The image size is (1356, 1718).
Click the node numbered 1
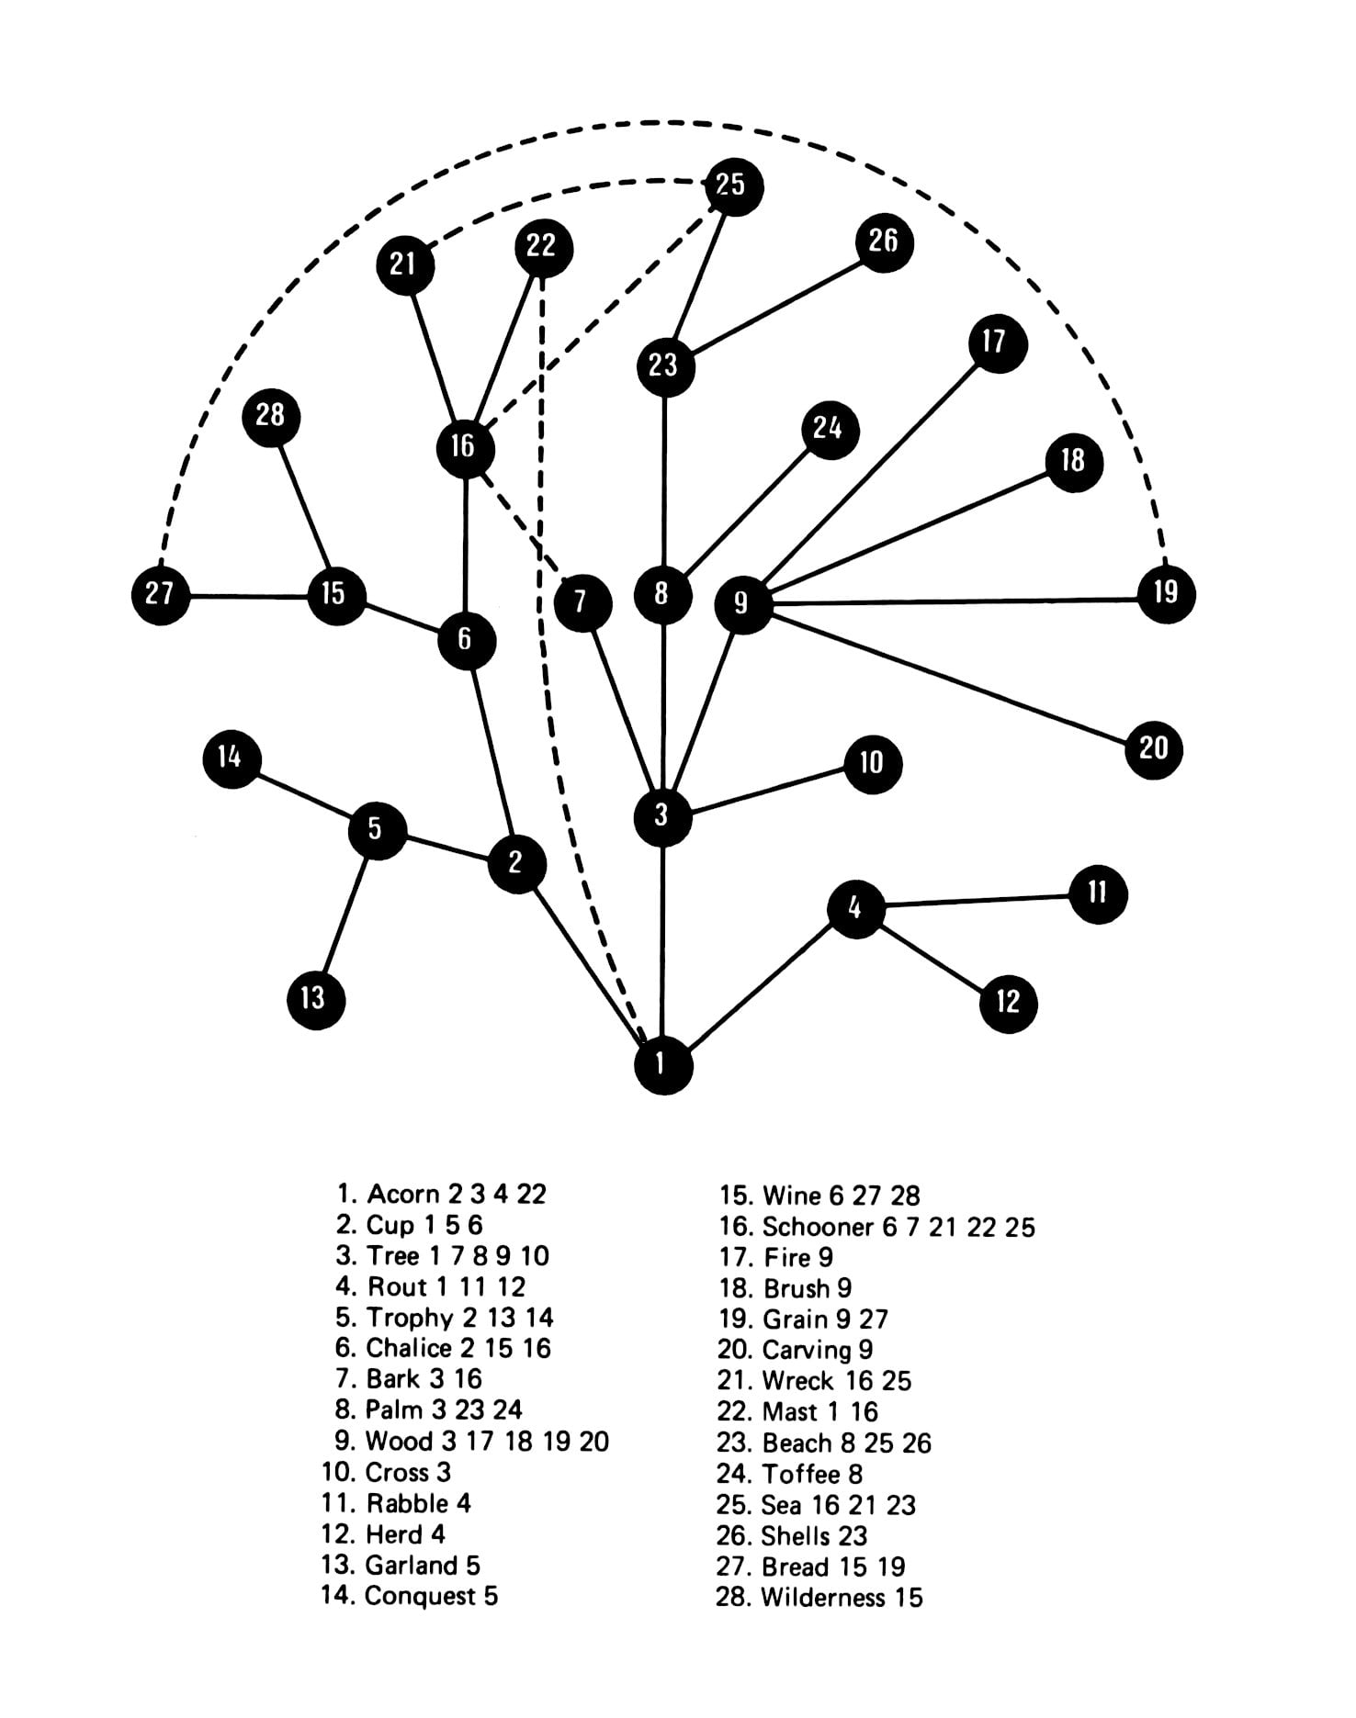(662, 1065)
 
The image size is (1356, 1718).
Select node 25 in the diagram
(733, 186)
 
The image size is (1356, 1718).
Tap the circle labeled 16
(466, 448)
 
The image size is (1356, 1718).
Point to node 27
(161, 594)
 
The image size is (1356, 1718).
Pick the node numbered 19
(1166, 593)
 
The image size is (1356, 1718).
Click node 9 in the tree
(742, 604)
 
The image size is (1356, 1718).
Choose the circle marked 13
(315, 998)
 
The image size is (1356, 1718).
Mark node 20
(1153, 749)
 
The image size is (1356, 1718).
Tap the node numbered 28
(271, 416)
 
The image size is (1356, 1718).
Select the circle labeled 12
(1008, 1003)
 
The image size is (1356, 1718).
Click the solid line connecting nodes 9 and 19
(955, 601)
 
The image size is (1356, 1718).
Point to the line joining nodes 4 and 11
(977, 901)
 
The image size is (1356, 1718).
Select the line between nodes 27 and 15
(248, 596)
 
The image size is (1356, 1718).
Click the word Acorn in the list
(402, 1195)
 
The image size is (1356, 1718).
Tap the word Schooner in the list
(818, 1227)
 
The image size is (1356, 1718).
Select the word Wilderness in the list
(822, 1598)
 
